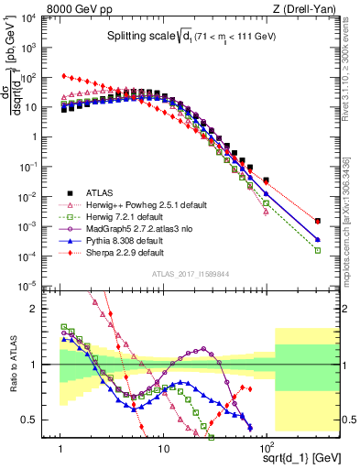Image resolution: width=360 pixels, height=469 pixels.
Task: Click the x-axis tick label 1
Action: [x=60, y=450]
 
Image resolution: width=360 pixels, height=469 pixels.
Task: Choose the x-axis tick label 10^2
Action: [x=267, y=450]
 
